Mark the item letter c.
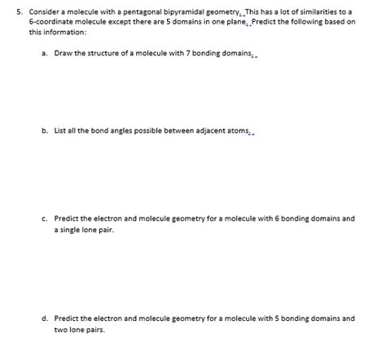click(42, 218)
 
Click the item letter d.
click(42, 318)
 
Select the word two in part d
click(62, 330)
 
